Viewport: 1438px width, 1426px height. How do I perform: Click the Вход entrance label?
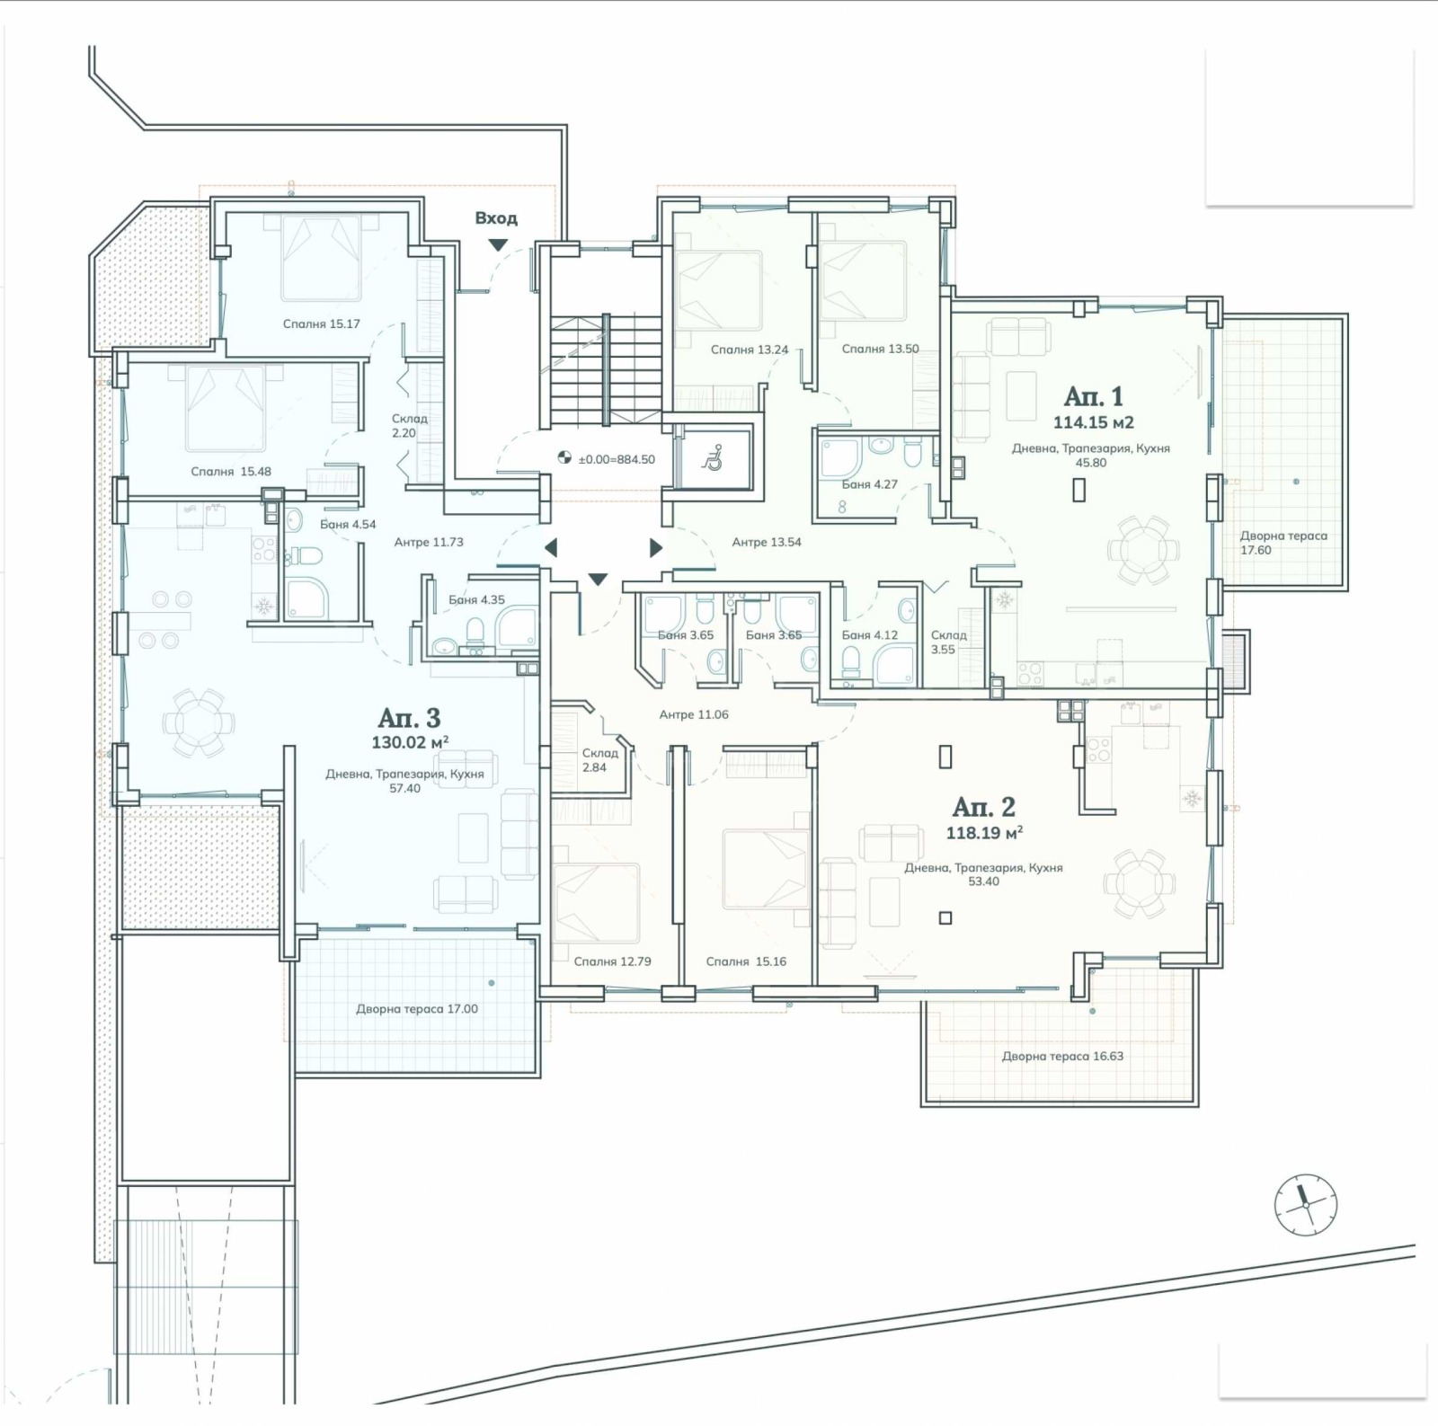click(496, 218)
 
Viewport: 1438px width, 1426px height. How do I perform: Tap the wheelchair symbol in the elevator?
click(713, 458)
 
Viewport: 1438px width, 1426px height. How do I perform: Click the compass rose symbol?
click(1305, 1204)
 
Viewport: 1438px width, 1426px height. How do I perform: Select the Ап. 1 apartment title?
click(1093, 396)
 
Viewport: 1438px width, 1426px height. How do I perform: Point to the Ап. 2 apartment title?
click(983, 806)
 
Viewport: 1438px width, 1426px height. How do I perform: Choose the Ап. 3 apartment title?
click(409, 717)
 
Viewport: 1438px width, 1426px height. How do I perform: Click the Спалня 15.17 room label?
click(321, 323)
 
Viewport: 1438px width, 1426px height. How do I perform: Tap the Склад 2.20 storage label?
click(409, 425)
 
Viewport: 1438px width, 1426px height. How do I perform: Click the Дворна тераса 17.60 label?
click(1283, 543)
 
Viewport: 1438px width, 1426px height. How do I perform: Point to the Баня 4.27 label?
click(869, 484)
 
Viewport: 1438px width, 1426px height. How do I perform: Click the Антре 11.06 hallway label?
click(694, 715)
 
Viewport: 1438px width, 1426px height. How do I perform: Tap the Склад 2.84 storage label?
click(599, 760)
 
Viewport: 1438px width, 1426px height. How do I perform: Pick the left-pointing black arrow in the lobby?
click(551, 547)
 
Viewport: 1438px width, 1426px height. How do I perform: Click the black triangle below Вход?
click(497, 245)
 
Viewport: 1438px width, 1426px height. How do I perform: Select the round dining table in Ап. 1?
click(1142, 550)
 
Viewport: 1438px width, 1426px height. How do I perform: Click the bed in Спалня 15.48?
click(226, 408)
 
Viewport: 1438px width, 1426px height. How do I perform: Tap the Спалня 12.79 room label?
click(612, 961)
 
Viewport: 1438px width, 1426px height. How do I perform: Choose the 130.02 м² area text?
click(409, 742)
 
